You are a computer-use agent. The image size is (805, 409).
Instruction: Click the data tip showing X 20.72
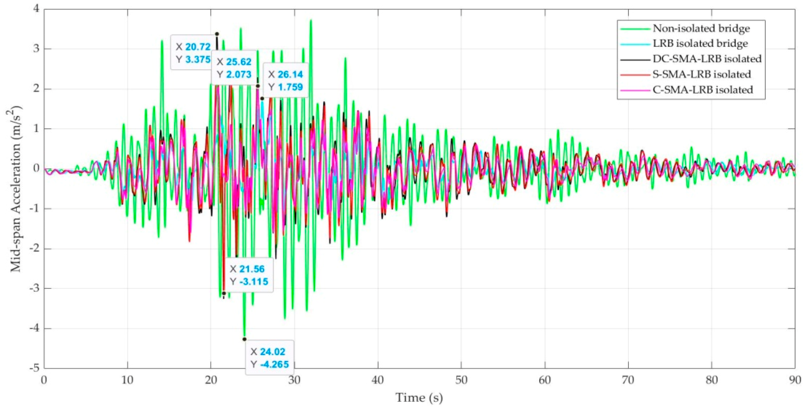193,53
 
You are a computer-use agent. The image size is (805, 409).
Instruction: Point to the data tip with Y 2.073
234,68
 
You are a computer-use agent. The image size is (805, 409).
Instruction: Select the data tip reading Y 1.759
285,81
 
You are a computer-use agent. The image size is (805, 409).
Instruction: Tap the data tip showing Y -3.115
249,275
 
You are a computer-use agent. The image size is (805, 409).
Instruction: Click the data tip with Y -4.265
269,358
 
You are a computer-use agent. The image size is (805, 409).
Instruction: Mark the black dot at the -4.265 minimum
244,339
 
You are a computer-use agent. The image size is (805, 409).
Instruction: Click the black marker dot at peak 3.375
217,34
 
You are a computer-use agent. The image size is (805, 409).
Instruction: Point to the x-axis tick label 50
461,380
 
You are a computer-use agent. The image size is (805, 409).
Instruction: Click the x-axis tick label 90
795,380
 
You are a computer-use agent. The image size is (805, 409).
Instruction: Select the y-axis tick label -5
35,368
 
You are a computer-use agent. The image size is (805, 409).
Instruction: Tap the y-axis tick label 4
37,9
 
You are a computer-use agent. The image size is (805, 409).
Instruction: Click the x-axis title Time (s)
419,398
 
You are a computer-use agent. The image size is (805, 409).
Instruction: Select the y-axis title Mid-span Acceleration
15,188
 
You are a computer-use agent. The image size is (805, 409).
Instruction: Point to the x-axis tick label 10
127,380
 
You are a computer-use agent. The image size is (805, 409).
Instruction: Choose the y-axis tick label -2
35,248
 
